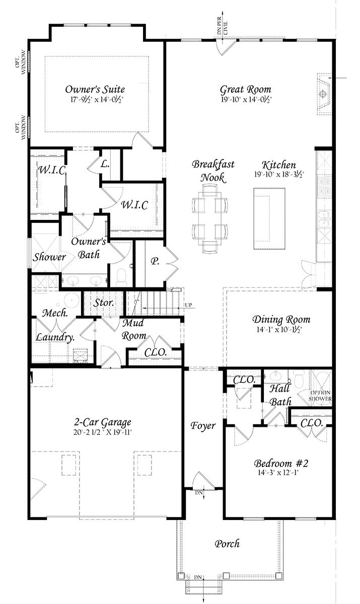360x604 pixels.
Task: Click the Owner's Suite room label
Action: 95,90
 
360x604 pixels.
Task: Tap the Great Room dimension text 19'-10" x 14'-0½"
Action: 246,100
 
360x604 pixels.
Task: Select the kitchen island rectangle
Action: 269,218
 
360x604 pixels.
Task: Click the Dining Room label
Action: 281,320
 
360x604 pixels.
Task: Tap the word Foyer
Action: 203,426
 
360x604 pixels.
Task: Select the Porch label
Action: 227,544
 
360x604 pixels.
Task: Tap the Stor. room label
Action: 104,304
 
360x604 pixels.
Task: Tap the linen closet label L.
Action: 105,164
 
